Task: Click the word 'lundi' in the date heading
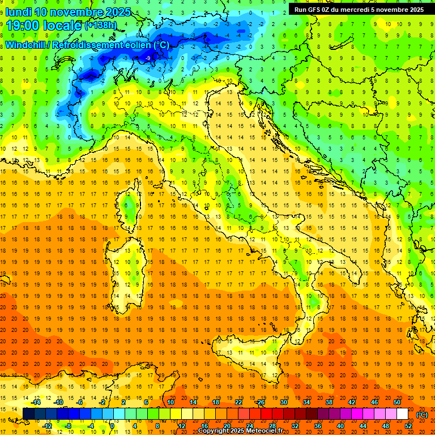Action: click(x=18, y=12)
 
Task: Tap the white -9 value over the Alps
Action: click(x=148, y=58)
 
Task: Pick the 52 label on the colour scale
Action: click(x=408, y=425)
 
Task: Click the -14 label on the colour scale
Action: click(x=37, y=402)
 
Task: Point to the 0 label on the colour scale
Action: click(x=112, y=425)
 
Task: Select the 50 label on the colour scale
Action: click(x=397, y=402)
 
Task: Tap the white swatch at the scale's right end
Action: click(x=402, y=414)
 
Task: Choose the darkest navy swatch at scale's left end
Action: click(x=28, y=414)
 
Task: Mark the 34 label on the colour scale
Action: click(x=306, y=402)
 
